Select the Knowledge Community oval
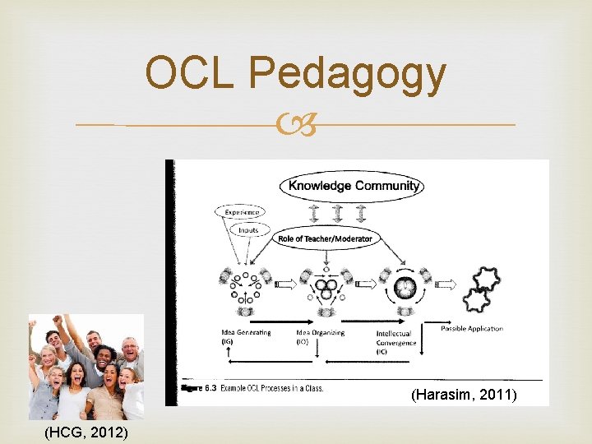coord(354,186)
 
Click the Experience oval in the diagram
coord(241,212)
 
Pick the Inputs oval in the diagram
coord(248,230)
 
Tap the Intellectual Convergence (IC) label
coord(396,342)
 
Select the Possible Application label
coord(472,329)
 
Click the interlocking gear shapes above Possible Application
coord(482,289)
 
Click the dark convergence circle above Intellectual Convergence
coord(405,289)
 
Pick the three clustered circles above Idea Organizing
coord(326,290)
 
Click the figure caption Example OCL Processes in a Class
coord(271,387)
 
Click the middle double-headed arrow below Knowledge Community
coord(338,213)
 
